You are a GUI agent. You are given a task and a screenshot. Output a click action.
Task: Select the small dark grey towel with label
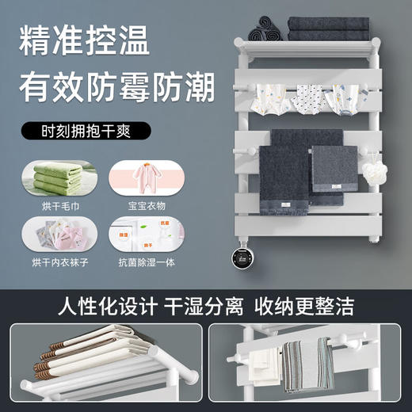point(334,169)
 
